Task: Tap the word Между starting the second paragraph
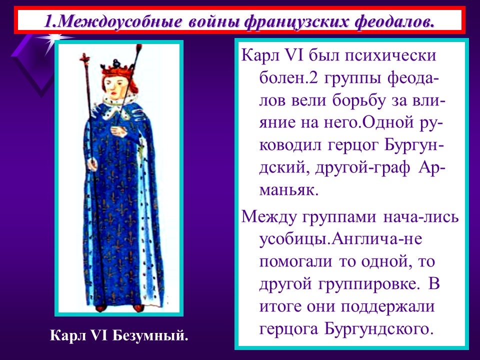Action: (270, 217)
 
